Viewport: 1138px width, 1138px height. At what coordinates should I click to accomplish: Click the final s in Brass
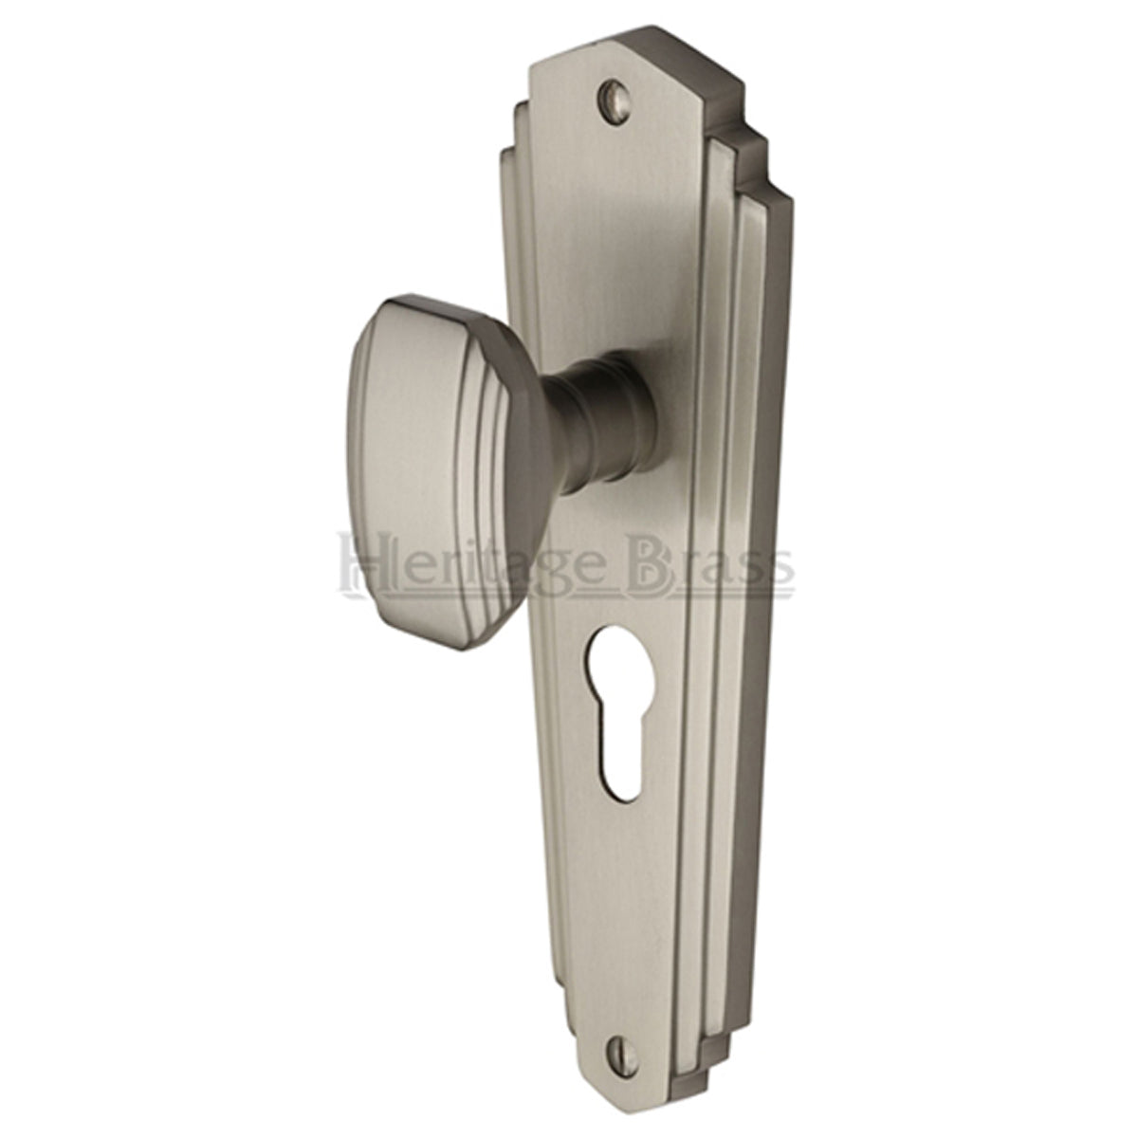780,566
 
